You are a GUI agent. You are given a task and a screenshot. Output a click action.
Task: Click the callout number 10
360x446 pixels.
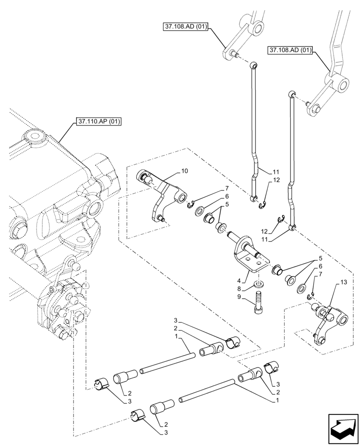[185, 171]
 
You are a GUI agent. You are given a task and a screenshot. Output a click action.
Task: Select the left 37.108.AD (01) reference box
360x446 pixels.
[184, 28]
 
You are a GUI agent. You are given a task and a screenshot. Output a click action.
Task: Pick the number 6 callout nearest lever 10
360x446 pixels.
[227, 196]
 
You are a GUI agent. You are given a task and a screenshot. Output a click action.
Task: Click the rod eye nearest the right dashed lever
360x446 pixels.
[292, 93]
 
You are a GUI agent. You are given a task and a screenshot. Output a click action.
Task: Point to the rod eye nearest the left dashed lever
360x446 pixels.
[254, 64]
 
